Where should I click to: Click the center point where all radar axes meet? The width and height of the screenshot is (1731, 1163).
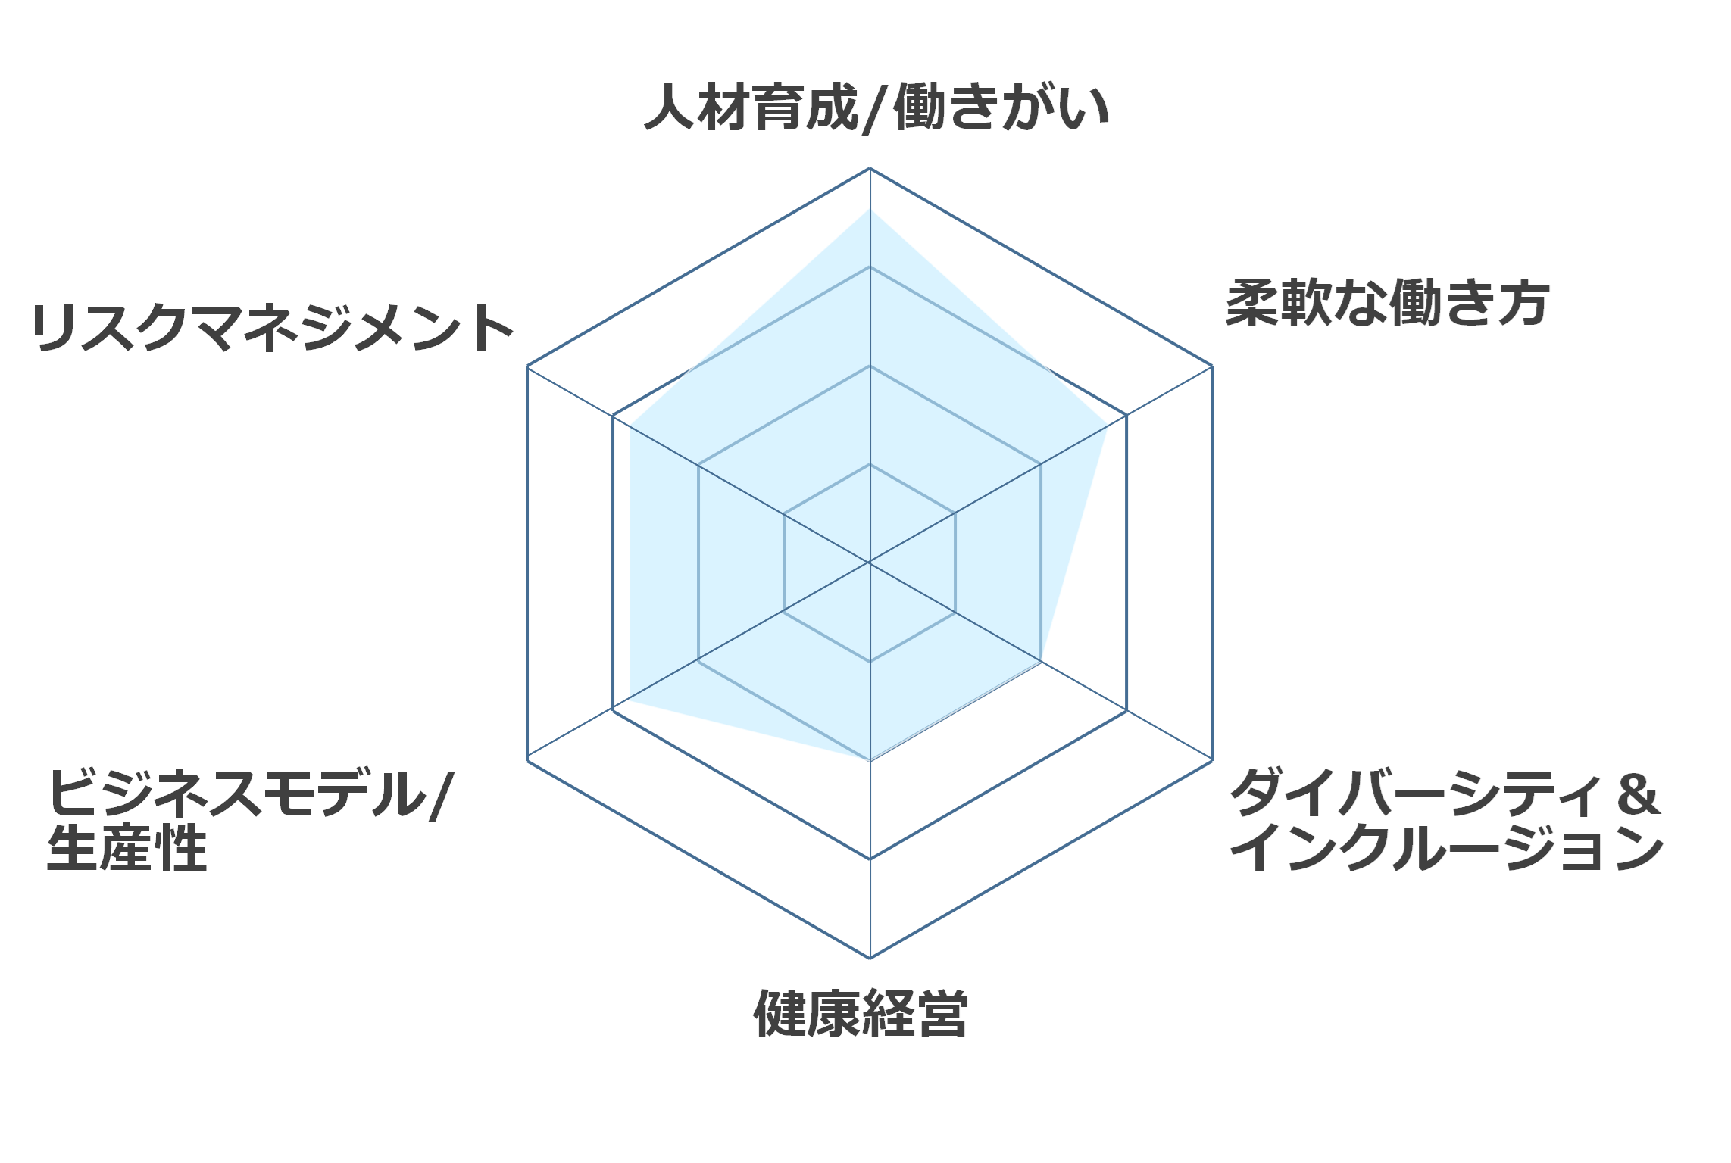(870, 563)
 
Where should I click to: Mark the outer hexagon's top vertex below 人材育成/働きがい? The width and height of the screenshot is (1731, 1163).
(870, 168)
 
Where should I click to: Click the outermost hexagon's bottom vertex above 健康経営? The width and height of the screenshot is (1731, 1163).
(870, 958)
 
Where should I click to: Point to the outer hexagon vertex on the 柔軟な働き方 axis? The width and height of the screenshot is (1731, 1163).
(1212, 366)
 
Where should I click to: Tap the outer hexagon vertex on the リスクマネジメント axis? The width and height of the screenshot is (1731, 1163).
(527, 366)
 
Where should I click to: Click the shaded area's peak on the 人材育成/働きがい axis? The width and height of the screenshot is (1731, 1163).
(870, 209)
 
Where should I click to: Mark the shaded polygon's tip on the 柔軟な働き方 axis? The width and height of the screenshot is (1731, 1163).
(1108, 426)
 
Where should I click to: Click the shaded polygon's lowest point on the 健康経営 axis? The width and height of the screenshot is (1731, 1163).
(870, 760)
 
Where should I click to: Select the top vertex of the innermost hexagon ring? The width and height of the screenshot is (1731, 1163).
(870, 464)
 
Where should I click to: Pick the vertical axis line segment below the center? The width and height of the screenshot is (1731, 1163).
(870, 760)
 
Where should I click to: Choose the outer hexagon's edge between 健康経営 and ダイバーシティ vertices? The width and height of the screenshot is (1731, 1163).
(1041, 859)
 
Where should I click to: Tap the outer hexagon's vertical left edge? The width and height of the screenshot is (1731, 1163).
(527, 563)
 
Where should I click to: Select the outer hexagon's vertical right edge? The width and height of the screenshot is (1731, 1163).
(1212, 563)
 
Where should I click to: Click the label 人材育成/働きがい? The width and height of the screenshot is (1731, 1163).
(876, 108)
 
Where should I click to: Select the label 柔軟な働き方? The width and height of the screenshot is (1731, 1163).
(1388, 304)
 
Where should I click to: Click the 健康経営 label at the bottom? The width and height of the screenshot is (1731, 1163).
(861, 1013)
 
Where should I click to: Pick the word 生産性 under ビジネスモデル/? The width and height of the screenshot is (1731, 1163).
(127, 848)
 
